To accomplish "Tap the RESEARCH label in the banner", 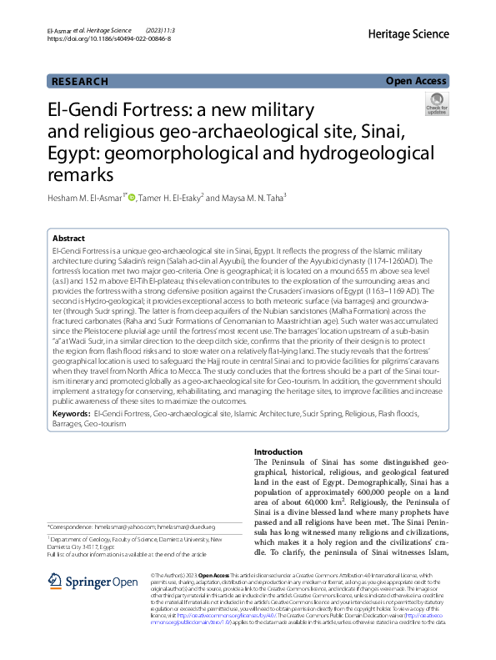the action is tap(80, 81).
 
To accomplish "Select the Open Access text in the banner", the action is tap(416, 81).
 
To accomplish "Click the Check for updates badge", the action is tap(437, 103).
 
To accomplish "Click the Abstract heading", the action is tap(68, 238).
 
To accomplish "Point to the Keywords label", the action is tap(71, 413).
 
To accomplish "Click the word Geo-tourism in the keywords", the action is tap(102, 423).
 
